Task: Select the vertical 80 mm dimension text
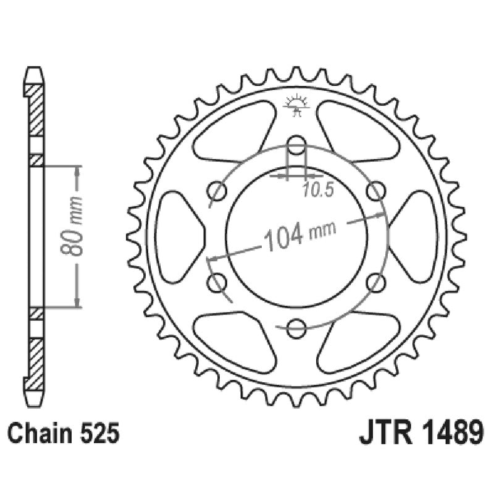[77, 235]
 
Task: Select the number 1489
[448, 434]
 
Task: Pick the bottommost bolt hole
[296, 325]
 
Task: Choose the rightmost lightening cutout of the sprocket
[415, 236]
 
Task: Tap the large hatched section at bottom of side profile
[37, 361]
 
